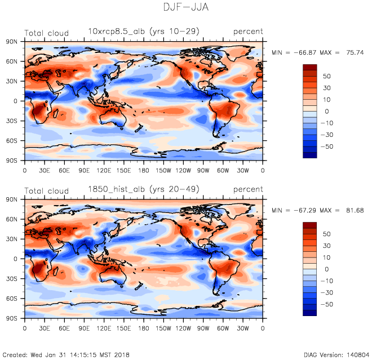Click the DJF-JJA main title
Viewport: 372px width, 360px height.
pos(185,8)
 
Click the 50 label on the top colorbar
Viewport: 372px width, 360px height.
pos(326,76)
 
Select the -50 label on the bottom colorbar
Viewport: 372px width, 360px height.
pos(326,304)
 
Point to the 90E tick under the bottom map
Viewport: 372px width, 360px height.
pos(84,327)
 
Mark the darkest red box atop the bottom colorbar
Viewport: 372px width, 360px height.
pos(311,225)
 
